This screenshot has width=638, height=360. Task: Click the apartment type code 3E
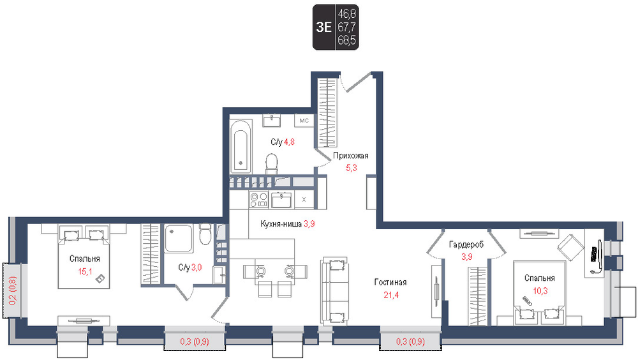(x=323, y=27)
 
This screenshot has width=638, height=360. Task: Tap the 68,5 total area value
(x=346, y=40)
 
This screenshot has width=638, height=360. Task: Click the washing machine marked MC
(x=304, y=121)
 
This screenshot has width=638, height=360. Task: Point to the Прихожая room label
(x=350, y=156)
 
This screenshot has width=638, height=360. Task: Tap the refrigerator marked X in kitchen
(x=304, y=200)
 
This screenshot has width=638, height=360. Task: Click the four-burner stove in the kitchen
(x=258, y=200)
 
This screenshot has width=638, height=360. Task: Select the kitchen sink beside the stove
(x=281, y=200)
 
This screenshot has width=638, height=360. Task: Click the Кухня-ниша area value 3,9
(x=309, y=223)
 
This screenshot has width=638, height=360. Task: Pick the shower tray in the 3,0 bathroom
(x=179, y=238)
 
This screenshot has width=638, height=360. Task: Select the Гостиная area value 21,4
(x=391, y=295)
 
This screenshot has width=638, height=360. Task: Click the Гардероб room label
(x=466, y=244)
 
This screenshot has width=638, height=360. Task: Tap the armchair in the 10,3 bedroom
(x=571, y=248)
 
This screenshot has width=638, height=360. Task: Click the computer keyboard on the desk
(x=595, y=255)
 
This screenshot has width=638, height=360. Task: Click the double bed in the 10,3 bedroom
(x=540, y=293)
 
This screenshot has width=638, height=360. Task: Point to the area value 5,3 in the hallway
(x=351, y=167)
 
